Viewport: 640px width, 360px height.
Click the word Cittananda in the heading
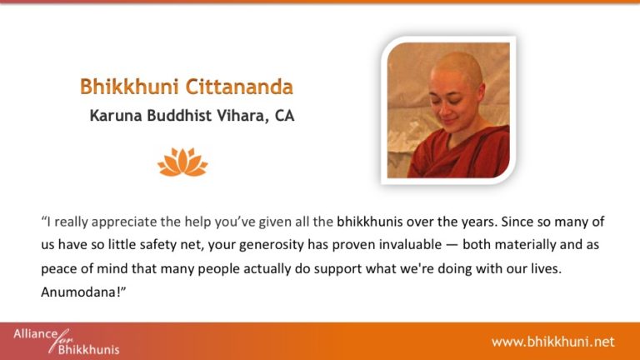(239, 87)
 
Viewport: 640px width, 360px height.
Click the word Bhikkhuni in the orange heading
(129, 87)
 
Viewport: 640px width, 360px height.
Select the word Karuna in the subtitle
(116, 116)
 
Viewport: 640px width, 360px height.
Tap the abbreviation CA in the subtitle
(284, 116)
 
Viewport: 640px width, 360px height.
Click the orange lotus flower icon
(182, 162)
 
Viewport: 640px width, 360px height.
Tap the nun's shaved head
(458, 67)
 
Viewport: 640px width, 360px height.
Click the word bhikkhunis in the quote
(369, 222)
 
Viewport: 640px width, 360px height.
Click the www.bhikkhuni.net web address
(553, 342)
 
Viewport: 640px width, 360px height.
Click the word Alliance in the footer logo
(36, 334)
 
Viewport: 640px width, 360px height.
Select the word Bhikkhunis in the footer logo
(89, 350)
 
